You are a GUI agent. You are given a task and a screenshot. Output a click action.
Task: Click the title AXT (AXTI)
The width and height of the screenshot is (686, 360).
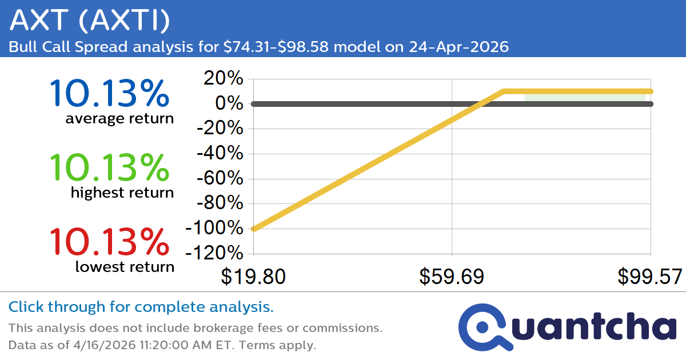tap(90, 21)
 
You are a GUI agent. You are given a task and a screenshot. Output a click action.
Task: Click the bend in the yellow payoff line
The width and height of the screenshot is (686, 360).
tap(503, 91)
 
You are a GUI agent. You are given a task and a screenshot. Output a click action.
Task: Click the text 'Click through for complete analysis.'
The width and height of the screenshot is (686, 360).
tap(141, 307)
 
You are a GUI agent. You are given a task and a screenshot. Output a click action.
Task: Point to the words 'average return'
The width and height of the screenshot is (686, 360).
tap(119, 119)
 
